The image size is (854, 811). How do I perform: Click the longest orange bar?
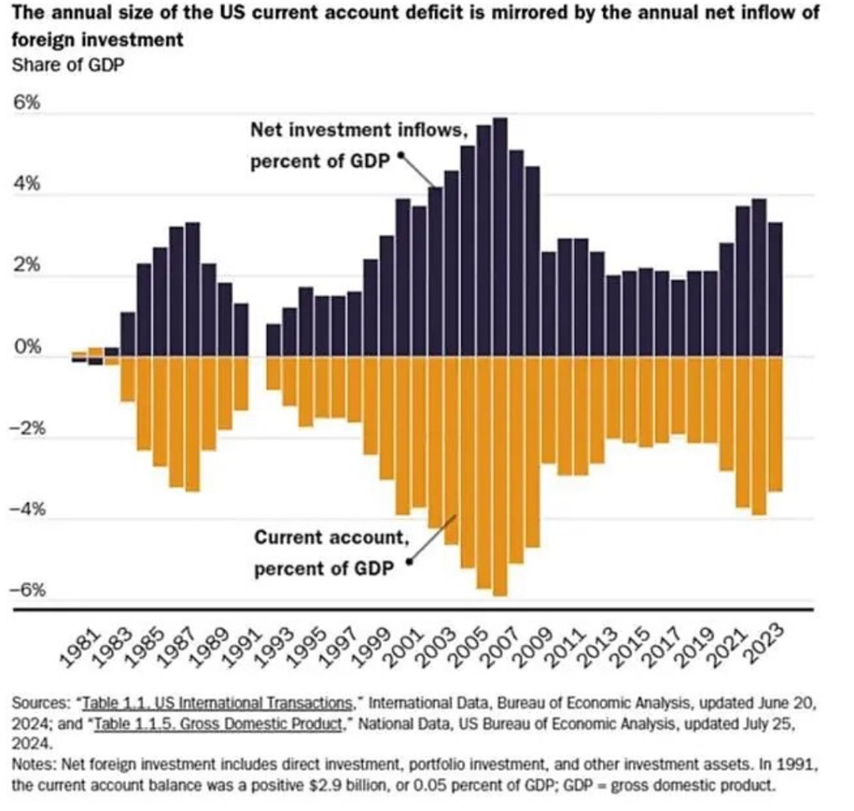(x=500, y=476)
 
